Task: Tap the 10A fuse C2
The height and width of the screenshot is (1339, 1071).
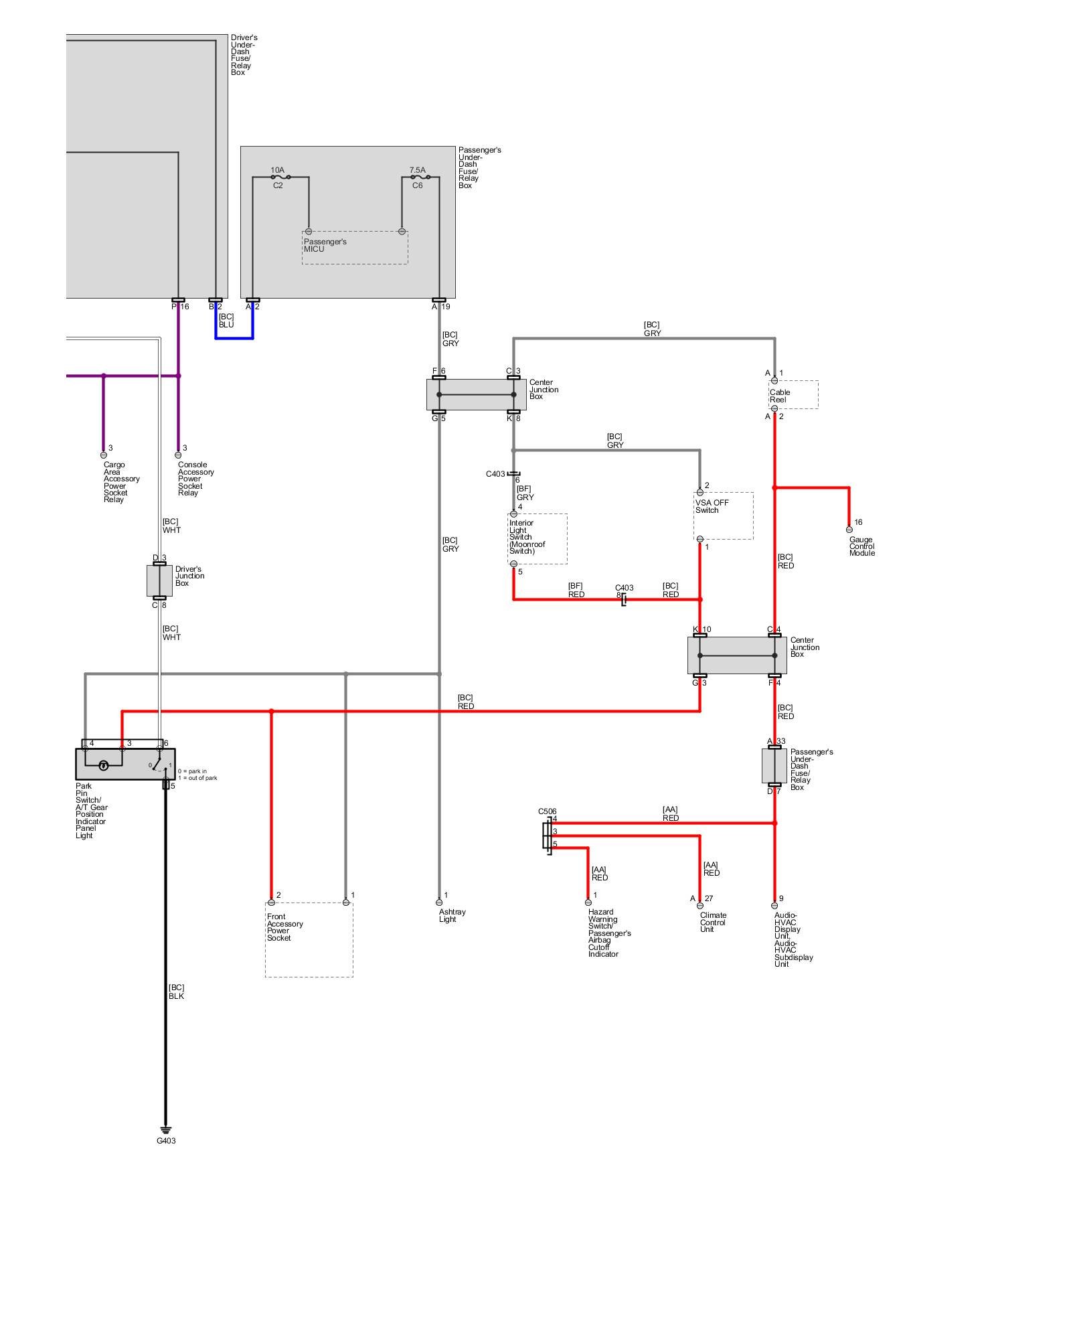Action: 280,177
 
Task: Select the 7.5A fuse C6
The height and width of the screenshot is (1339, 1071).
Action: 420,177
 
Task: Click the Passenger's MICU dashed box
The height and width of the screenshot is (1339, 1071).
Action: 355,248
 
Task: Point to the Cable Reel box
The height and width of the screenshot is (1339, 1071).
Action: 793,395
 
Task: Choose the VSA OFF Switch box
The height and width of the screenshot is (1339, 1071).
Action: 723,516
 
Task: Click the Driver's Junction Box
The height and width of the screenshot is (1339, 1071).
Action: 159,580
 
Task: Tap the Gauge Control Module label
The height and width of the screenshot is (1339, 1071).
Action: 862,546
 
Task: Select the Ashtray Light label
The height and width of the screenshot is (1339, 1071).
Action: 452,915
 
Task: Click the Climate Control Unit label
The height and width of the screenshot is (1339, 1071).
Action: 713,922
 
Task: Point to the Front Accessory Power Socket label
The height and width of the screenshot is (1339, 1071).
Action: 284,927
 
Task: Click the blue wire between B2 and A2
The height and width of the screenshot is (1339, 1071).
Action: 234,337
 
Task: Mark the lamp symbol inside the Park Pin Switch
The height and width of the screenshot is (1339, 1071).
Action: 104,765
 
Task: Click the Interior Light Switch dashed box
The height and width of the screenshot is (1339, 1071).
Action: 538,538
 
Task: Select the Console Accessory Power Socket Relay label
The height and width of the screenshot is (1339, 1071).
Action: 195,479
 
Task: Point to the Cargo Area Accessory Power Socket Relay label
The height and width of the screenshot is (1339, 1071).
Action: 121,482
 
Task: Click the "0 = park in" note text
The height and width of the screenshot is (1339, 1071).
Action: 192,771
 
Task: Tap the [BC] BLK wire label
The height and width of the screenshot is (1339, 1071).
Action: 176,992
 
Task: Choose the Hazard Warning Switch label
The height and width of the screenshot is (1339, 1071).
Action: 608,933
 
